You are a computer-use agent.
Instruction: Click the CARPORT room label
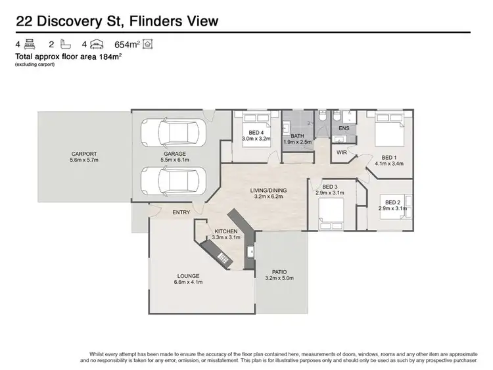83,154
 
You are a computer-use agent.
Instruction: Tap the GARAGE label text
174,154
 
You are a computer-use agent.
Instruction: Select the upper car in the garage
174,133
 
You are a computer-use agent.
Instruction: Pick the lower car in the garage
174,179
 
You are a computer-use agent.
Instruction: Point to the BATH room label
297,136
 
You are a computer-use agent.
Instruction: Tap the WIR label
342,152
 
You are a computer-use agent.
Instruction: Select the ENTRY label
181,212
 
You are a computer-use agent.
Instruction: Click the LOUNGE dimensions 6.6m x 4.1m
188,282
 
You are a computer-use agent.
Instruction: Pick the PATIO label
279,272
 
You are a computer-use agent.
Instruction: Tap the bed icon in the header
29,45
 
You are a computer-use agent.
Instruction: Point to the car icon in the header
97,45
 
